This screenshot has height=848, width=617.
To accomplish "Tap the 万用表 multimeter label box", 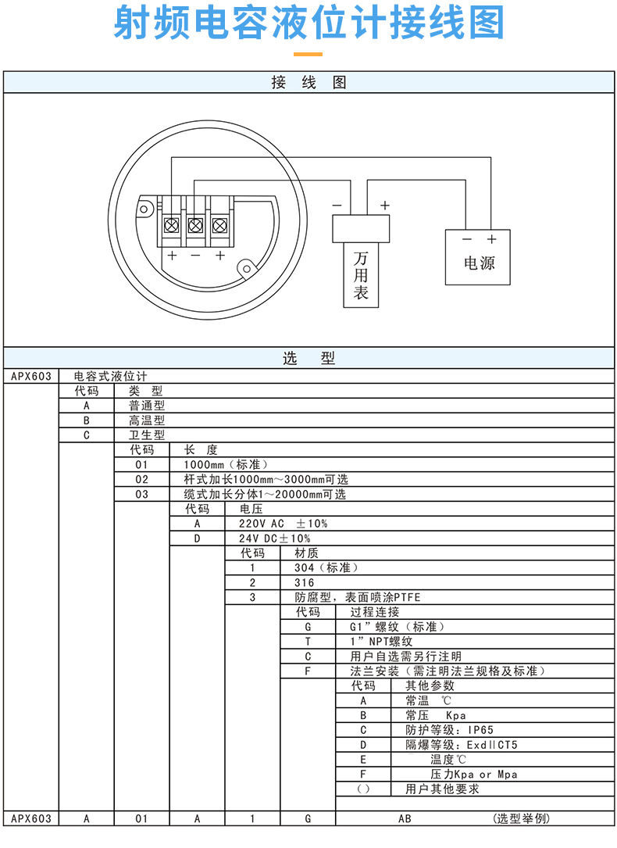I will [361, 274].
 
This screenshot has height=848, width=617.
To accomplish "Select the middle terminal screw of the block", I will [196, 226].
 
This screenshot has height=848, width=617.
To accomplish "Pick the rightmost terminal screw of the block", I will [220, 226].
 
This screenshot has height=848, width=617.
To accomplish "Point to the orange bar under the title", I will [308, 54].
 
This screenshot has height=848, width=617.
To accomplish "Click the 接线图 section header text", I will [308, 82].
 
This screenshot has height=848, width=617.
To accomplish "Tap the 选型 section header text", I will [308, 359].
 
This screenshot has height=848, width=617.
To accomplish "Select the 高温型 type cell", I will [147, 420].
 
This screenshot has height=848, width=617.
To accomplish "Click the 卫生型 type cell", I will [147, 435].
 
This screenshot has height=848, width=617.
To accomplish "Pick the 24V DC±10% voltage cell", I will [274, 538].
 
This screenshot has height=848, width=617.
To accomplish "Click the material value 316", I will [304, 583].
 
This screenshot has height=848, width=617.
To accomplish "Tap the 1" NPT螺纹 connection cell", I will [380, 642].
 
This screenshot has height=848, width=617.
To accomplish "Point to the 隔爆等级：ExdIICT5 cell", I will [461, 745].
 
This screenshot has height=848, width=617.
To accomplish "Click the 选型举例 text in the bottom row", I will [521, 818].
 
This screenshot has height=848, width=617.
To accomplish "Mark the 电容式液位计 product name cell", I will [110, 376].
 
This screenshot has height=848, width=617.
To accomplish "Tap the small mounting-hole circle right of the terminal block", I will [248, 269].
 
